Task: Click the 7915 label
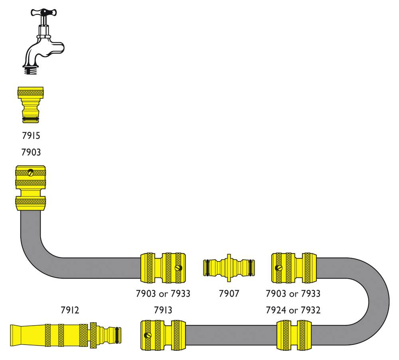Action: [x=31, y=136]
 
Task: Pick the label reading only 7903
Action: [x=31, y=152]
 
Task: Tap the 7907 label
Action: [x=229, y=294]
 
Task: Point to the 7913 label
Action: [x=163, y=310]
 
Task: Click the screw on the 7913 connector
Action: [x=148, y=335]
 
